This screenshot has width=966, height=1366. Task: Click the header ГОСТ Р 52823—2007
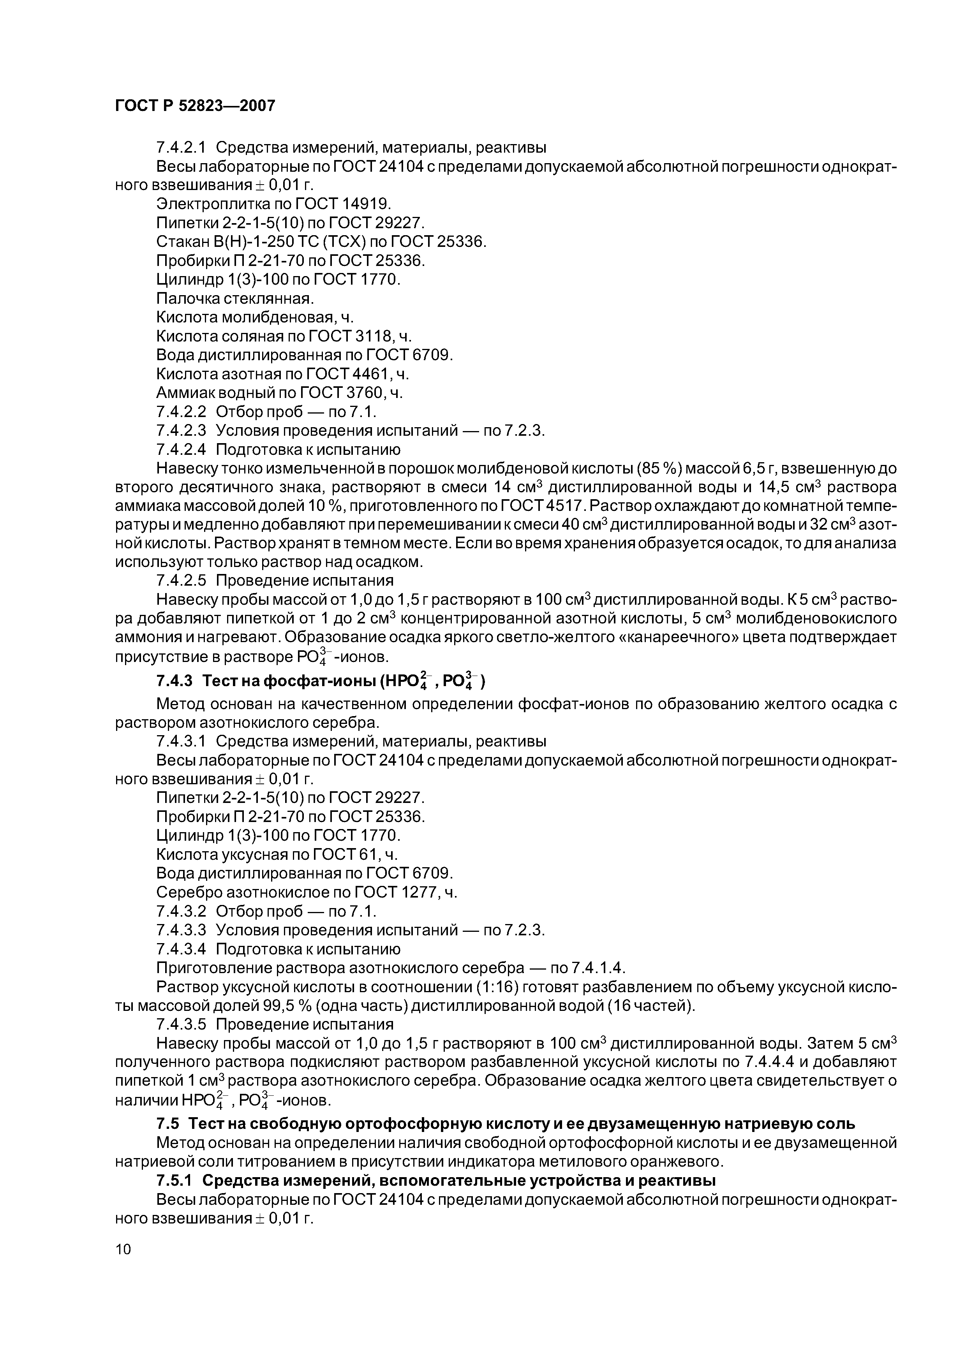(x=195, y=106)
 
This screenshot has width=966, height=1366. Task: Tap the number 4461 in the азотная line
(x=373, y=374)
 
